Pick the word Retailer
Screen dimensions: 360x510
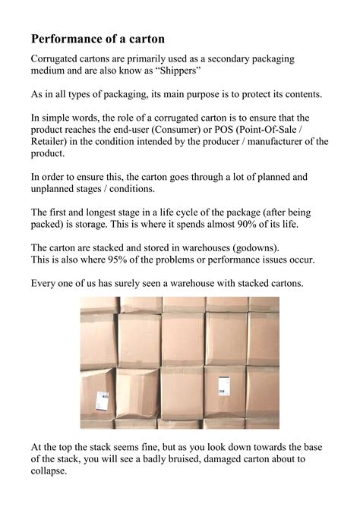[x=50, y=142]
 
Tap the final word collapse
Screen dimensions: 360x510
[x=49, y=471]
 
